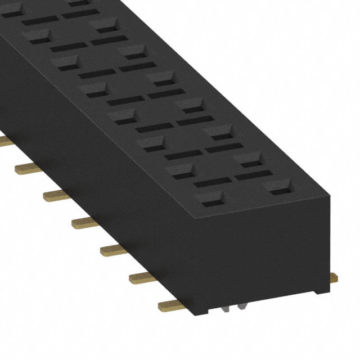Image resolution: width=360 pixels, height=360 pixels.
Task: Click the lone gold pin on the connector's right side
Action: tap(334, 277)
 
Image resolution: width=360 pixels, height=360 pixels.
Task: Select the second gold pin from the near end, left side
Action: tap(144, 277)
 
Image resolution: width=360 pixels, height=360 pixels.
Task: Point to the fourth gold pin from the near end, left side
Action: tap(86, 223)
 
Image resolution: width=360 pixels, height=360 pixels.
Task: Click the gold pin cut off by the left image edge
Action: tap(4, 139)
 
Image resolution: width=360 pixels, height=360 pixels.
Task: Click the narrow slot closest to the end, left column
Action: tap(213, 182)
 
